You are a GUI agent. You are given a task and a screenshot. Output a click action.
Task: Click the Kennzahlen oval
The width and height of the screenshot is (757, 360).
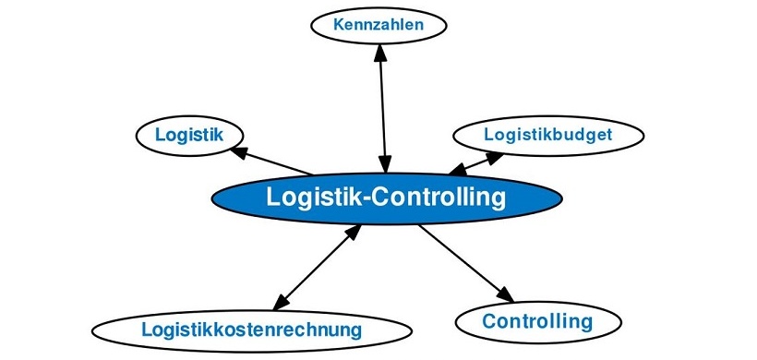click(x=379, y=25)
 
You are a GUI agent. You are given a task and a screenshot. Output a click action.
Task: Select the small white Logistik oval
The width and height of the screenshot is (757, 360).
click(x=189, y=135)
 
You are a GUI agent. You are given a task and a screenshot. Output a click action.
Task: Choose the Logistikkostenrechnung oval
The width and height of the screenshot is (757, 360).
click(x=252, y=329)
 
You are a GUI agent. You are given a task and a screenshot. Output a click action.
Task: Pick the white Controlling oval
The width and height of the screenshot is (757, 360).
click(x=537, y=321)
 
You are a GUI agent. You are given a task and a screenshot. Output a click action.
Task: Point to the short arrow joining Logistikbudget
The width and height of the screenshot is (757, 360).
click(x=476, y=163)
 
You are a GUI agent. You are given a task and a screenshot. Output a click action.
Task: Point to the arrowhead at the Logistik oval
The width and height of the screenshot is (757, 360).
click(x=238, y=150)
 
